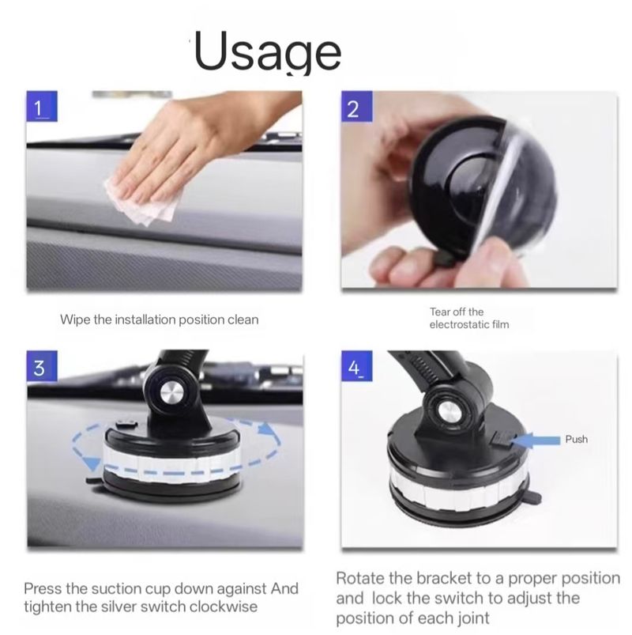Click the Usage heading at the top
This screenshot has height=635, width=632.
click(x=268, y=51)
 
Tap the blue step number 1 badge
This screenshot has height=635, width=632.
click(x=42, y=106)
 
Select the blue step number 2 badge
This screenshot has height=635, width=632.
click(x=356, y=107)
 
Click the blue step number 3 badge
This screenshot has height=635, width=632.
click(x=42, y=366)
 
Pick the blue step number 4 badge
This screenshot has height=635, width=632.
click(x=356, y=366)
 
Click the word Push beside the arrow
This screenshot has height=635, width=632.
click(x=576, y=440)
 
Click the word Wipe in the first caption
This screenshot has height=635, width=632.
click(x=75, y=319)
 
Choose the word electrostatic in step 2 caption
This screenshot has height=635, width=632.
click(x=459, y=324)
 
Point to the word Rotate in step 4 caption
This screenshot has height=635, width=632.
click(x=360, y=578)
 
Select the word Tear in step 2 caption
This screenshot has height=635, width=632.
click(x=440, y=312)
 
